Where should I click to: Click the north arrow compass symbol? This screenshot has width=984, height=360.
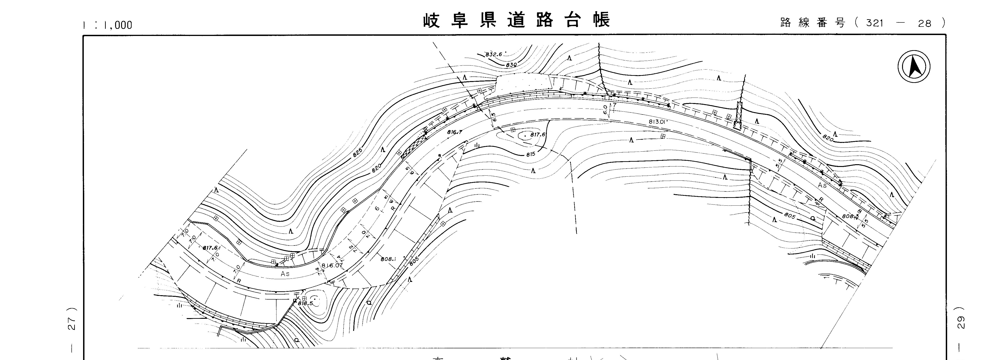[x=914, y=67]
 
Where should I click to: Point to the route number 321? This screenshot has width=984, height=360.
[x=875, y=23]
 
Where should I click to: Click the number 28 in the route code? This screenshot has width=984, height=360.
[x=925, y=24]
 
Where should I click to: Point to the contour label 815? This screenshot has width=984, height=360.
[x=531, y=154]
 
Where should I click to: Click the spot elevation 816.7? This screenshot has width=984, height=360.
[x=455, y=132]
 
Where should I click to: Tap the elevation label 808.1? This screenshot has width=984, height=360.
[x=388, y=259]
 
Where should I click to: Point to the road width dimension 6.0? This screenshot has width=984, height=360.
[x=605, y=110]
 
